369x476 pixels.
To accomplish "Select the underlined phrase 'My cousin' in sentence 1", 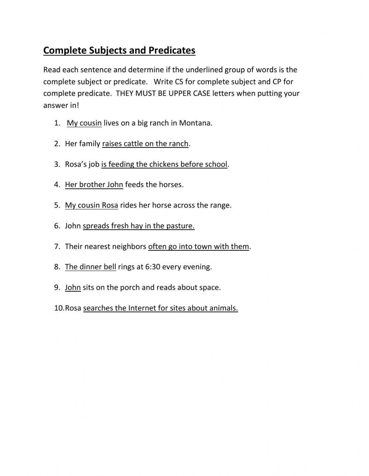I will coord(84,123).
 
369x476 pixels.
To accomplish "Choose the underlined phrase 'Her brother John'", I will coord(94,185).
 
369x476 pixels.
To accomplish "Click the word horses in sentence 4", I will coord(171,185).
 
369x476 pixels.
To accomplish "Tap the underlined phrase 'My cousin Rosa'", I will coord(92,205).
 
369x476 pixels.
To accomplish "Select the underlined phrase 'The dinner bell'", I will coord(90,267).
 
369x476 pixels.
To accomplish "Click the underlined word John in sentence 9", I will coord(73,288).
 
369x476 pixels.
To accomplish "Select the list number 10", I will coord(59,308).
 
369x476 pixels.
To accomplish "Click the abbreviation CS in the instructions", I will coord(179,81).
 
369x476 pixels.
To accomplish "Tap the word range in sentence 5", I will coord(221,205).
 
